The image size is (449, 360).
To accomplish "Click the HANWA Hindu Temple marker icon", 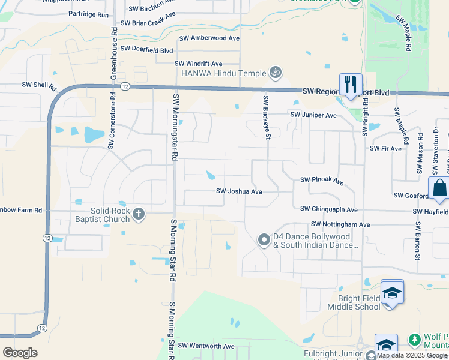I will (276, 73).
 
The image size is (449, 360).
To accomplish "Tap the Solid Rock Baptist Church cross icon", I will (139, 214).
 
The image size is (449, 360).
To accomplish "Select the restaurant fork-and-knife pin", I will (350, 84).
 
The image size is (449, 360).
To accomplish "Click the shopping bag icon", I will (439, 188).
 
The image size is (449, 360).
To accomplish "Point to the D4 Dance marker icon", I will (264, 240).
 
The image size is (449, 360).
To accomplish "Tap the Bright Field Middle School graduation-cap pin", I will (392, 293).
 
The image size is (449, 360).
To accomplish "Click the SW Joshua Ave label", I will (240, 191).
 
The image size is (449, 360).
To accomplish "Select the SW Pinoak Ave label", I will (322, 180).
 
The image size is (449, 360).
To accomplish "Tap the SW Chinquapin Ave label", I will (329, 209).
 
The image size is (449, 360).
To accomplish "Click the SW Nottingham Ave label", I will (340, 224).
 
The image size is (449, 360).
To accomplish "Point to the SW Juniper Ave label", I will (313, 115).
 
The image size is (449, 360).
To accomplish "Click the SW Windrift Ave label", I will (199, 64).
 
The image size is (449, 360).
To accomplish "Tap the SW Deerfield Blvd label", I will (146, 49).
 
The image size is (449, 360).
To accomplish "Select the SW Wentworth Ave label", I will (206, 346).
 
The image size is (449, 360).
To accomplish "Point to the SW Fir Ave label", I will (385, 148).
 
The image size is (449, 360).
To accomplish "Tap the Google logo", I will (20, 352).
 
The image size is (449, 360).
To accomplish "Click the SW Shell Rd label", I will (39, 85).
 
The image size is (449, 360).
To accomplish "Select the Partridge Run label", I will (88, 14).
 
